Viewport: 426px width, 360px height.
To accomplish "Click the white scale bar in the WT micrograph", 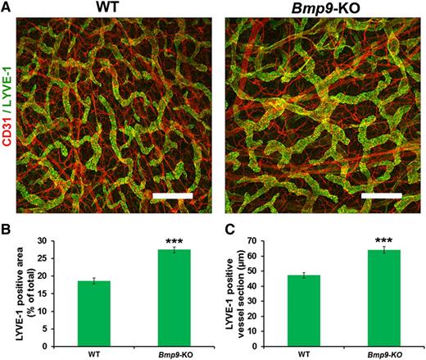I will pos(172,197).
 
